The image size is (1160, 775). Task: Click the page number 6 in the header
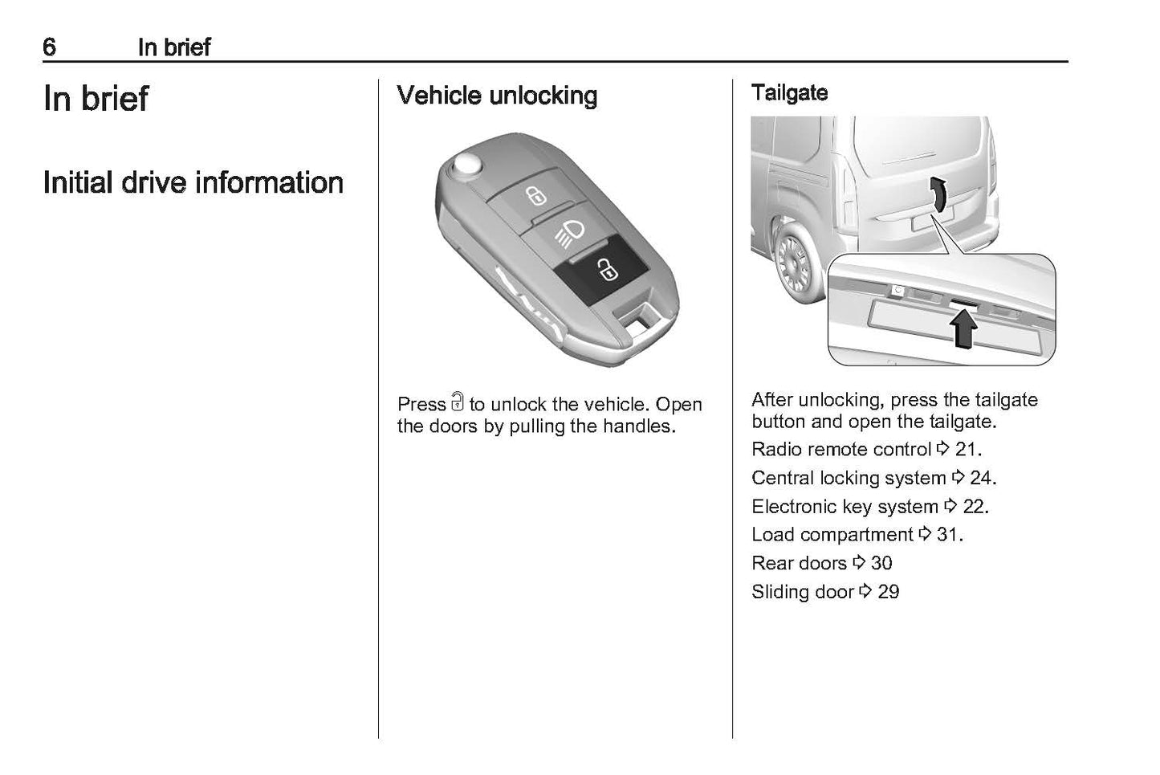point(50,47)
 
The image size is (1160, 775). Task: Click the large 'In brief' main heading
point(96,99)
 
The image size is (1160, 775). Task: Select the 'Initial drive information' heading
point(193,182)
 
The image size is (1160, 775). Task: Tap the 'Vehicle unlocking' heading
point(497,96)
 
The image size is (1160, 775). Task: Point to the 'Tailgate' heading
point(789,92)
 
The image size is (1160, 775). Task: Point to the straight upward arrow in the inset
point(964,329)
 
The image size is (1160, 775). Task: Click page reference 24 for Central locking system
point(981,478)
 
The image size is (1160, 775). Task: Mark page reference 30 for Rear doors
point(881,563)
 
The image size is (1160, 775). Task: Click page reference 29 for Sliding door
point(888,592)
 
